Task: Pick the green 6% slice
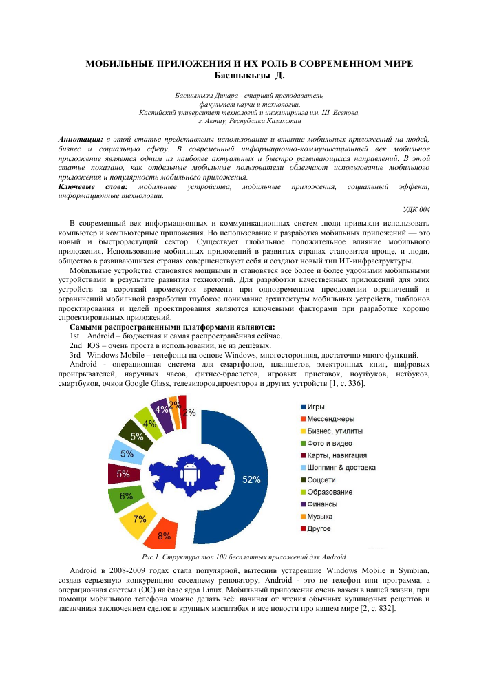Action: pos(125,496)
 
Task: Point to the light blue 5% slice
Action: pos(126,454)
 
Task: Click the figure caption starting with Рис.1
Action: pos(243,556)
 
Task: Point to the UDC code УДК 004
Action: pos(416,209)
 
